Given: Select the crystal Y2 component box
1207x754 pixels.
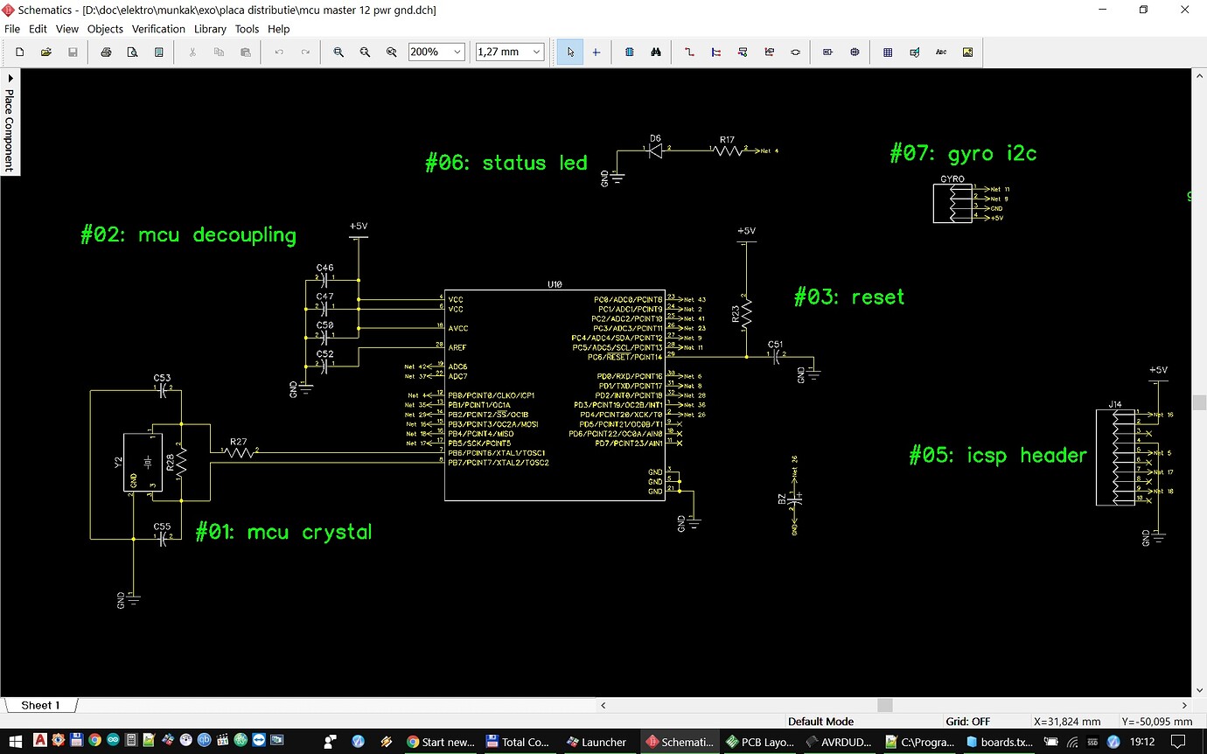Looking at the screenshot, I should (137, 464).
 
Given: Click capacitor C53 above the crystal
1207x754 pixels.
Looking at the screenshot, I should (163, 391).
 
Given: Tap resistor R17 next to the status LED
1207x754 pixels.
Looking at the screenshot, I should (727, 151).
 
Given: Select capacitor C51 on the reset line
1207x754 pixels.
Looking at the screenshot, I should (776, 357).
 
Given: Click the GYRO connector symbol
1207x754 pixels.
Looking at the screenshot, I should (952, 202).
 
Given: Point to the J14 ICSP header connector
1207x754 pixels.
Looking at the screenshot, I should (1115, 457).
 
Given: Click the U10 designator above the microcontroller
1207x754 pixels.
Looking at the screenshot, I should (555, 284).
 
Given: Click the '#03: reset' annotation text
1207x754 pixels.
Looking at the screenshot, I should (848, 297).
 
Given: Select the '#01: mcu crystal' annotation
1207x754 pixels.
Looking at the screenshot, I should (283, 532).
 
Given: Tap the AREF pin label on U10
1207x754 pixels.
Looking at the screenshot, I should (457, 347).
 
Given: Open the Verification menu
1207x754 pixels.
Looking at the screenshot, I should (158, 29).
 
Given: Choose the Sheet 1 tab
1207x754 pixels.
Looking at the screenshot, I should (40, 705).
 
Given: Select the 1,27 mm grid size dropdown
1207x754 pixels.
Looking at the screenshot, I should (509, 52).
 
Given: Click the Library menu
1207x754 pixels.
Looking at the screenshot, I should (210, 29).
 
